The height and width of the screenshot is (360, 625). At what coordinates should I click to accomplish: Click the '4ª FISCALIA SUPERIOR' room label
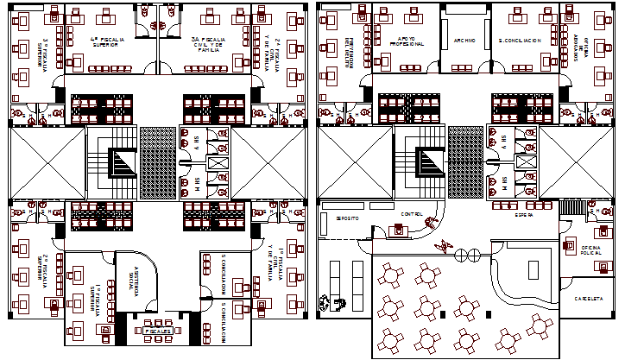coord(108,42)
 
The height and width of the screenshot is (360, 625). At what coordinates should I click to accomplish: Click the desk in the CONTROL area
coord(399,229)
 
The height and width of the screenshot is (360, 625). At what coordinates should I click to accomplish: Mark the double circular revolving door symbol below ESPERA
coord(467,255)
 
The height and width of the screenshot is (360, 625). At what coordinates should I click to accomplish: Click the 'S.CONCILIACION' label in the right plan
coord(521,41)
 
